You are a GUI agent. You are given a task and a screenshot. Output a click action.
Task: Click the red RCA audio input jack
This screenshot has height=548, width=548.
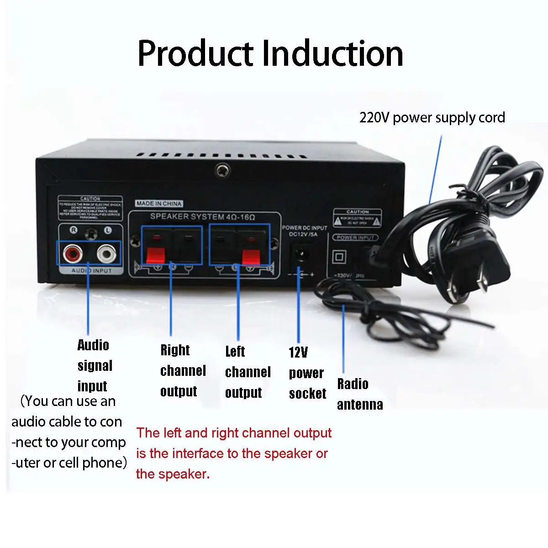click(x=72, y=253)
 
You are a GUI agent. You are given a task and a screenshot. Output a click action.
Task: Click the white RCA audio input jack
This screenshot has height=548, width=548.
click(x=106, y=253)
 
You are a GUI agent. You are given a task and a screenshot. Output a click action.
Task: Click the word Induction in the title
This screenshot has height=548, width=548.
click(x=332, y=54)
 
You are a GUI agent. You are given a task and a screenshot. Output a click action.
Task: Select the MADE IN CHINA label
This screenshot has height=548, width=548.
click(x=158, y=204)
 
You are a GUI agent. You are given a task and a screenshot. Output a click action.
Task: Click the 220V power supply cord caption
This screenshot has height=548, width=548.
click(x=432, y=118)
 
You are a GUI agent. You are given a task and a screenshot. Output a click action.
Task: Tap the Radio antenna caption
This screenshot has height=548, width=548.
click(x=360, y=394)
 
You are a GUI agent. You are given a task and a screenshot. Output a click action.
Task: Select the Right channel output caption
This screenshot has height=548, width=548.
click(x=183, y=370)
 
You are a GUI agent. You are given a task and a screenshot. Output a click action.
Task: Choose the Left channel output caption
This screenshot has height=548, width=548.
click(x=248, y=372)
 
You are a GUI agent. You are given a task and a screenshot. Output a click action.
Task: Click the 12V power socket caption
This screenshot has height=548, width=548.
click(x=307, y=373)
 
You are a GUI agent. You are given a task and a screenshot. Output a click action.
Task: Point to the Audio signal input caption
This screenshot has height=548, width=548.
click(x=95, y=365)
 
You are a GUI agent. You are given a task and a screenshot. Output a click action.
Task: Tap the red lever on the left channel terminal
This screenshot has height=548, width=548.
click(x=248, y=256)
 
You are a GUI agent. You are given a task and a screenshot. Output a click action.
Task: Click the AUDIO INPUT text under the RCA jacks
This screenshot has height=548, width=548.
click(x=91, y=271)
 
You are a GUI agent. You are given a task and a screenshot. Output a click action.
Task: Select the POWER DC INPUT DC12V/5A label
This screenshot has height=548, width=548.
click(x=304, y=231)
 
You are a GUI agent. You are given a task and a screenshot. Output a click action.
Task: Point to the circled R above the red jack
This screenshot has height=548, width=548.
click(x=73, y=230)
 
